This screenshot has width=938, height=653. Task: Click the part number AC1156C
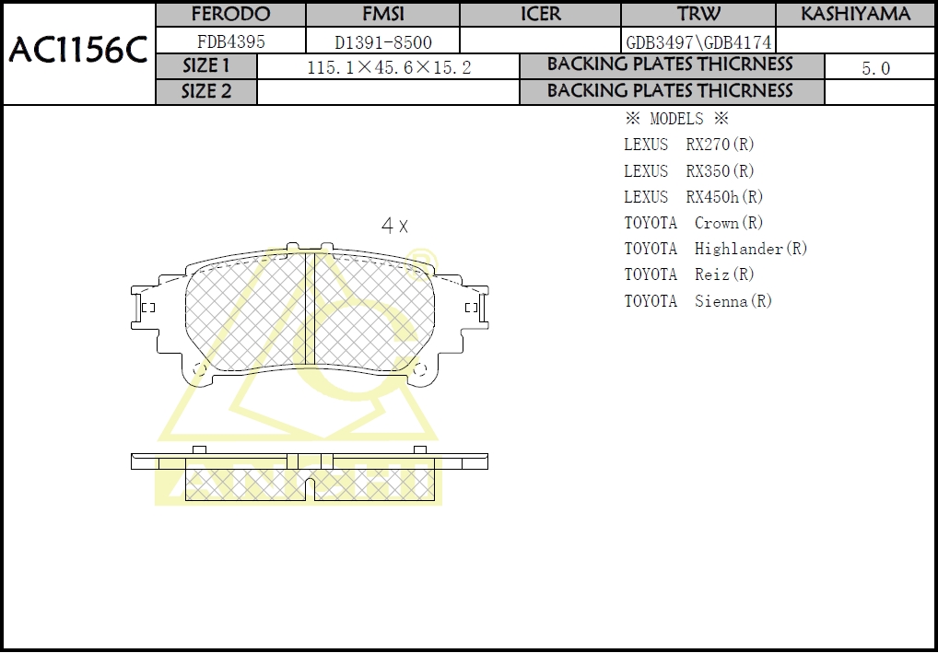pyautogui.click(x=78, y=52)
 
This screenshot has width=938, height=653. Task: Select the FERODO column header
pyautogui.click(x=230, y=14)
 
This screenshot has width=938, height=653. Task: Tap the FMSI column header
pyautogui.click(x=381, y=14)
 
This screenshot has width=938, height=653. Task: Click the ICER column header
pyautogui.click(x=540, y=14)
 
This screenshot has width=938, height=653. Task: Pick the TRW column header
pyautogui.click(x=698, y=14)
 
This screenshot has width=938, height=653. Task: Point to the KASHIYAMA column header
pyautogui.click(x=855, y=14)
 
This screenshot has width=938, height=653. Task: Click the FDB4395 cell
pyautogui.click(x=230, y=41)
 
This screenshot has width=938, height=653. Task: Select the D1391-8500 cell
pyautogui.click(x=382, y=42)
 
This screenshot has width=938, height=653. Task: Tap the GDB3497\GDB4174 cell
pyautogui.click(x=698, y=42)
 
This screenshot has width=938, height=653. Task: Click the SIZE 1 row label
pyautogui.click(x=206, y=66)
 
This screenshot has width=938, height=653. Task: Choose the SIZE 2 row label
pyautogui.click(x=206, y=91)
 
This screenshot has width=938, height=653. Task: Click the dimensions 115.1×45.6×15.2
pyautogui.click(x=388, y=67)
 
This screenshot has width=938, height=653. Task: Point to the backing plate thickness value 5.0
pyautogui.click(x=875, y=68)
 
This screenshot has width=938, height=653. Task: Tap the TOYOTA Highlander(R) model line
pyautogui.click(x=715, y=249)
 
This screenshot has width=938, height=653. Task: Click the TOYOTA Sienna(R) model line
pyautogui.click(x=698, y=301)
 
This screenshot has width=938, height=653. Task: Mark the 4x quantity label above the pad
pyautogui.click(x=394, y=226)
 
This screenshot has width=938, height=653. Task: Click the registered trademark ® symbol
pyautogui.click(x=420, y=256)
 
